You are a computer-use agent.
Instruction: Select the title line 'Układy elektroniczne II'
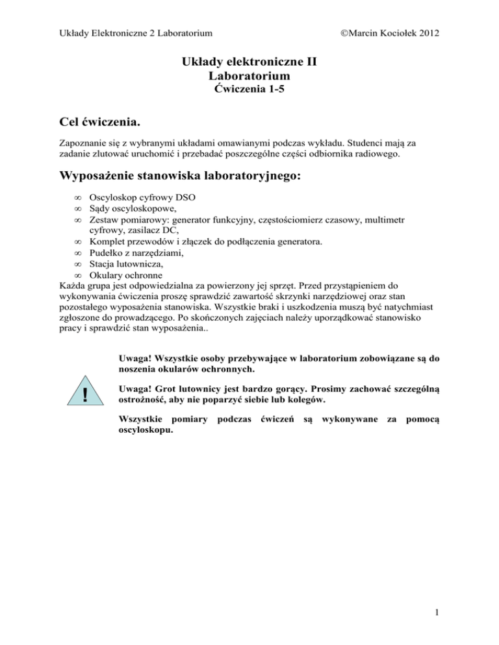pyautogui.click(x=249, y=64)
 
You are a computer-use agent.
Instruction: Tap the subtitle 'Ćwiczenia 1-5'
pyautogui.click(x=249, y=89)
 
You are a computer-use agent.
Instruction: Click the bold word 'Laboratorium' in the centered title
pyautogui.click(x=249, y=77)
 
